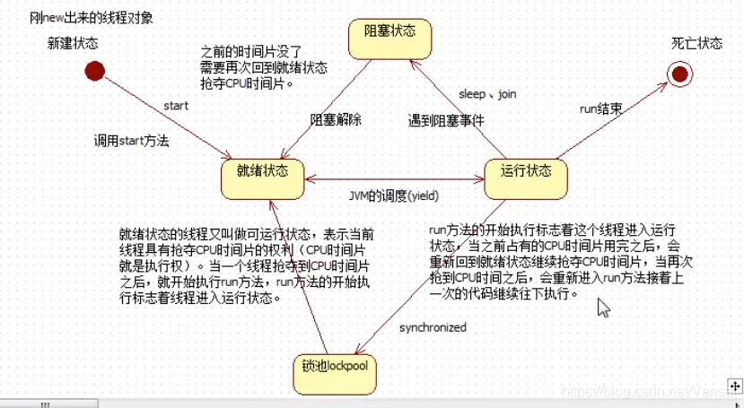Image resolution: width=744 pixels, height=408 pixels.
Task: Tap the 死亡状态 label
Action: click(x=696, y=44)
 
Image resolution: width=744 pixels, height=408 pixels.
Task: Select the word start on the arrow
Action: click(x=176, y=106)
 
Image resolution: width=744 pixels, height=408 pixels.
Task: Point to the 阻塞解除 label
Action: click(x=337, y=118)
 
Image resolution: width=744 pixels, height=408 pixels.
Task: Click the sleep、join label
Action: click(x=487, y=93)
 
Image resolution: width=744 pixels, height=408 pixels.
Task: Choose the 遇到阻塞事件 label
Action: click(x=445, y=118)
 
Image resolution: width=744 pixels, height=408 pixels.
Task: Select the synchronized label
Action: click(x=432, y=327)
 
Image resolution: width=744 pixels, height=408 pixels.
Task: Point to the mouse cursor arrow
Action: click(x=604, y=308)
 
